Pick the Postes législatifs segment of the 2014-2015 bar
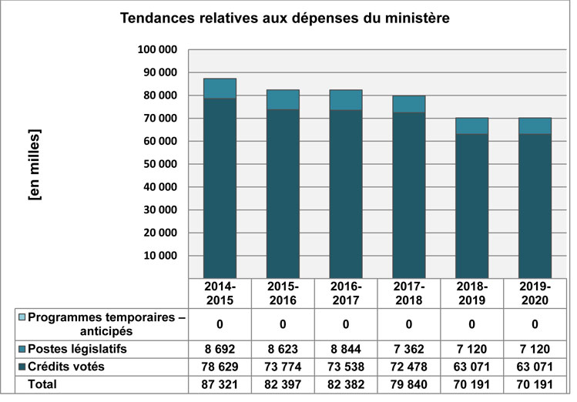(220, 89)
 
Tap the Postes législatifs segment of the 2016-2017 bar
(345, 100)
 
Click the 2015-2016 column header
(283, 293)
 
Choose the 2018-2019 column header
(471, 293)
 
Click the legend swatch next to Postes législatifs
(21, 349)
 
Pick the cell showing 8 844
(345, 349)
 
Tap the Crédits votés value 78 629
(220, 367)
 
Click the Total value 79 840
(408, 384)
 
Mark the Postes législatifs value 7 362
(408, 349)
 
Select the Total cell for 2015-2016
(283, 384)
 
